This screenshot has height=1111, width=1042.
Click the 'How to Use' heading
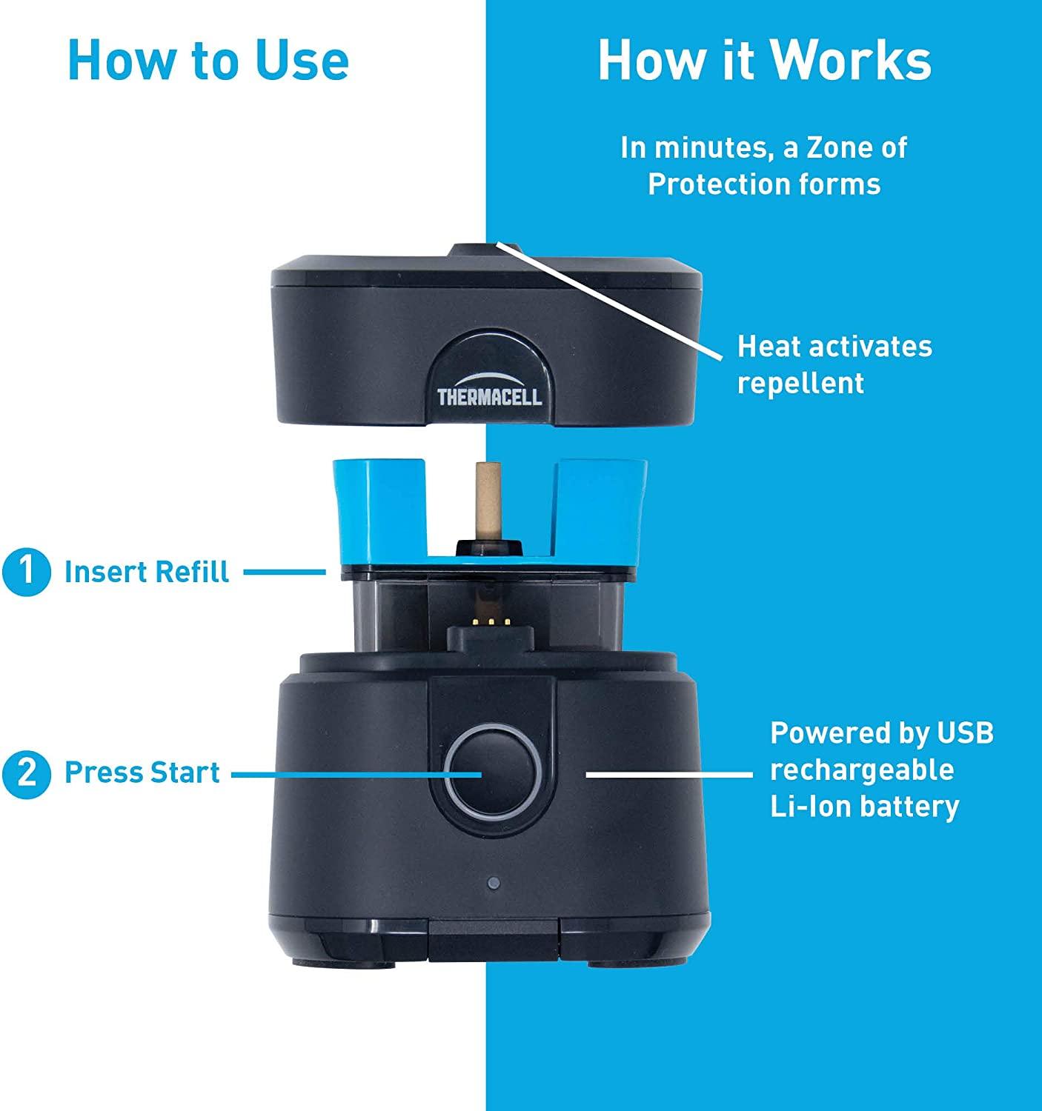[208, 60]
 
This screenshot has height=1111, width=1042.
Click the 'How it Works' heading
[764, 60]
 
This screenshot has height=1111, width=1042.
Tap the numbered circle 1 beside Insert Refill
[26, 572]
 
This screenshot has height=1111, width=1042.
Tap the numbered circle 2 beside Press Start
[26, 773]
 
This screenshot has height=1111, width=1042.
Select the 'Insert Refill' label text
[147, 572]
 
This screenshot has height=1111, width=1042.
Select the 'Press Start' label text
[142, 773]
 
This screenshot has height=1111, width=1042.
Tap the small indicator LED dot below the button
[494, 883]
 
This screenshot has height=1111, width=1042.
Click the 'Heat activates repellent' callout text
[834, 364]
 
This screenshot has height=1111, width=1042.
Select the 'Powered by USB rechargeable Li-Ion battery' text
[880, 769]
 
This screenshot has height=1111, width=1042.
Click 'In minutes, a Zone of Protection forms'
[764, 166]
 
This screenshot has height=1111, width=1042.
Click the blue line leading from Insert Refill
[285, 571]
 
